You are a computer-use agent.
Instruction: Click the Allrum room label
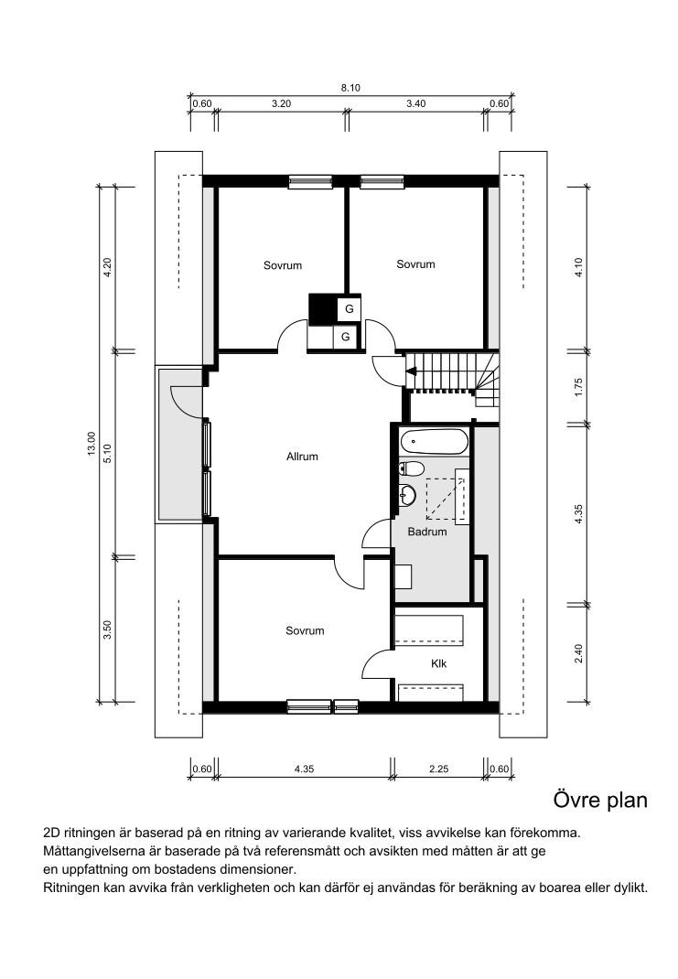[302, 457]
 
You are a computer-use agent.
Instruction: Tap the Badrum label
[427, 532]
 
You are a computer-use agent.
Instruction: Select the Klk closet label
[439, 663]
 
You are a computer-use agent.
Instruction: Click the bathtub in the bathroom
[435, 442]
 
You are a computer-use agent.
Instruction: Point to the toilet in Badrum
[412, 468]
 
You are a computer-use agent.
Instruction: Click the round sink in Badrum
[407, 495]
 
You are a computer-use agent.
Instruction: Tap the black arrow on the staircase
[412, 371]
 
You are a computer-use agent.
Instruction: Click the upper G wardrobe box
[349, 309]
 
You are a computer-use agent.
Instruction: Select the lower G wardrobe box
[345, 337]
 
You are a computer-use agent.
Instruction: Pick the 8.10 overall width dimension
[350, 88]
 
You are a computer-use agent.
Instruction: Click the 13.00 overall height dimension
[91, 444]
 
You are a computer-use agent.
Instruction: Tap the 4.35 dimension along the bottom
[304, 769]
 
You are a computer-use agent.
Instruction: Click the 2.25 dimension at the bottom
[439, 769]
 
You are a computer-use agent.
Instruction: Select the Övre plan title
[600, 801]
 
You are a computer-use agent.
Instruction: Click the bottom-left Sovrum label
[305, 630]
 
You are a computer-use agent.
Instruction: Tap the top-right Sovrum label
[415, 264]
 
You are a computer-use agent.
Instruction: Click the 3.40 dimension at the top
[415, 103]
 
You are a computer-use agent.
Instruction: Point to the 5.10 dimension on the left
[107, 453]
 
